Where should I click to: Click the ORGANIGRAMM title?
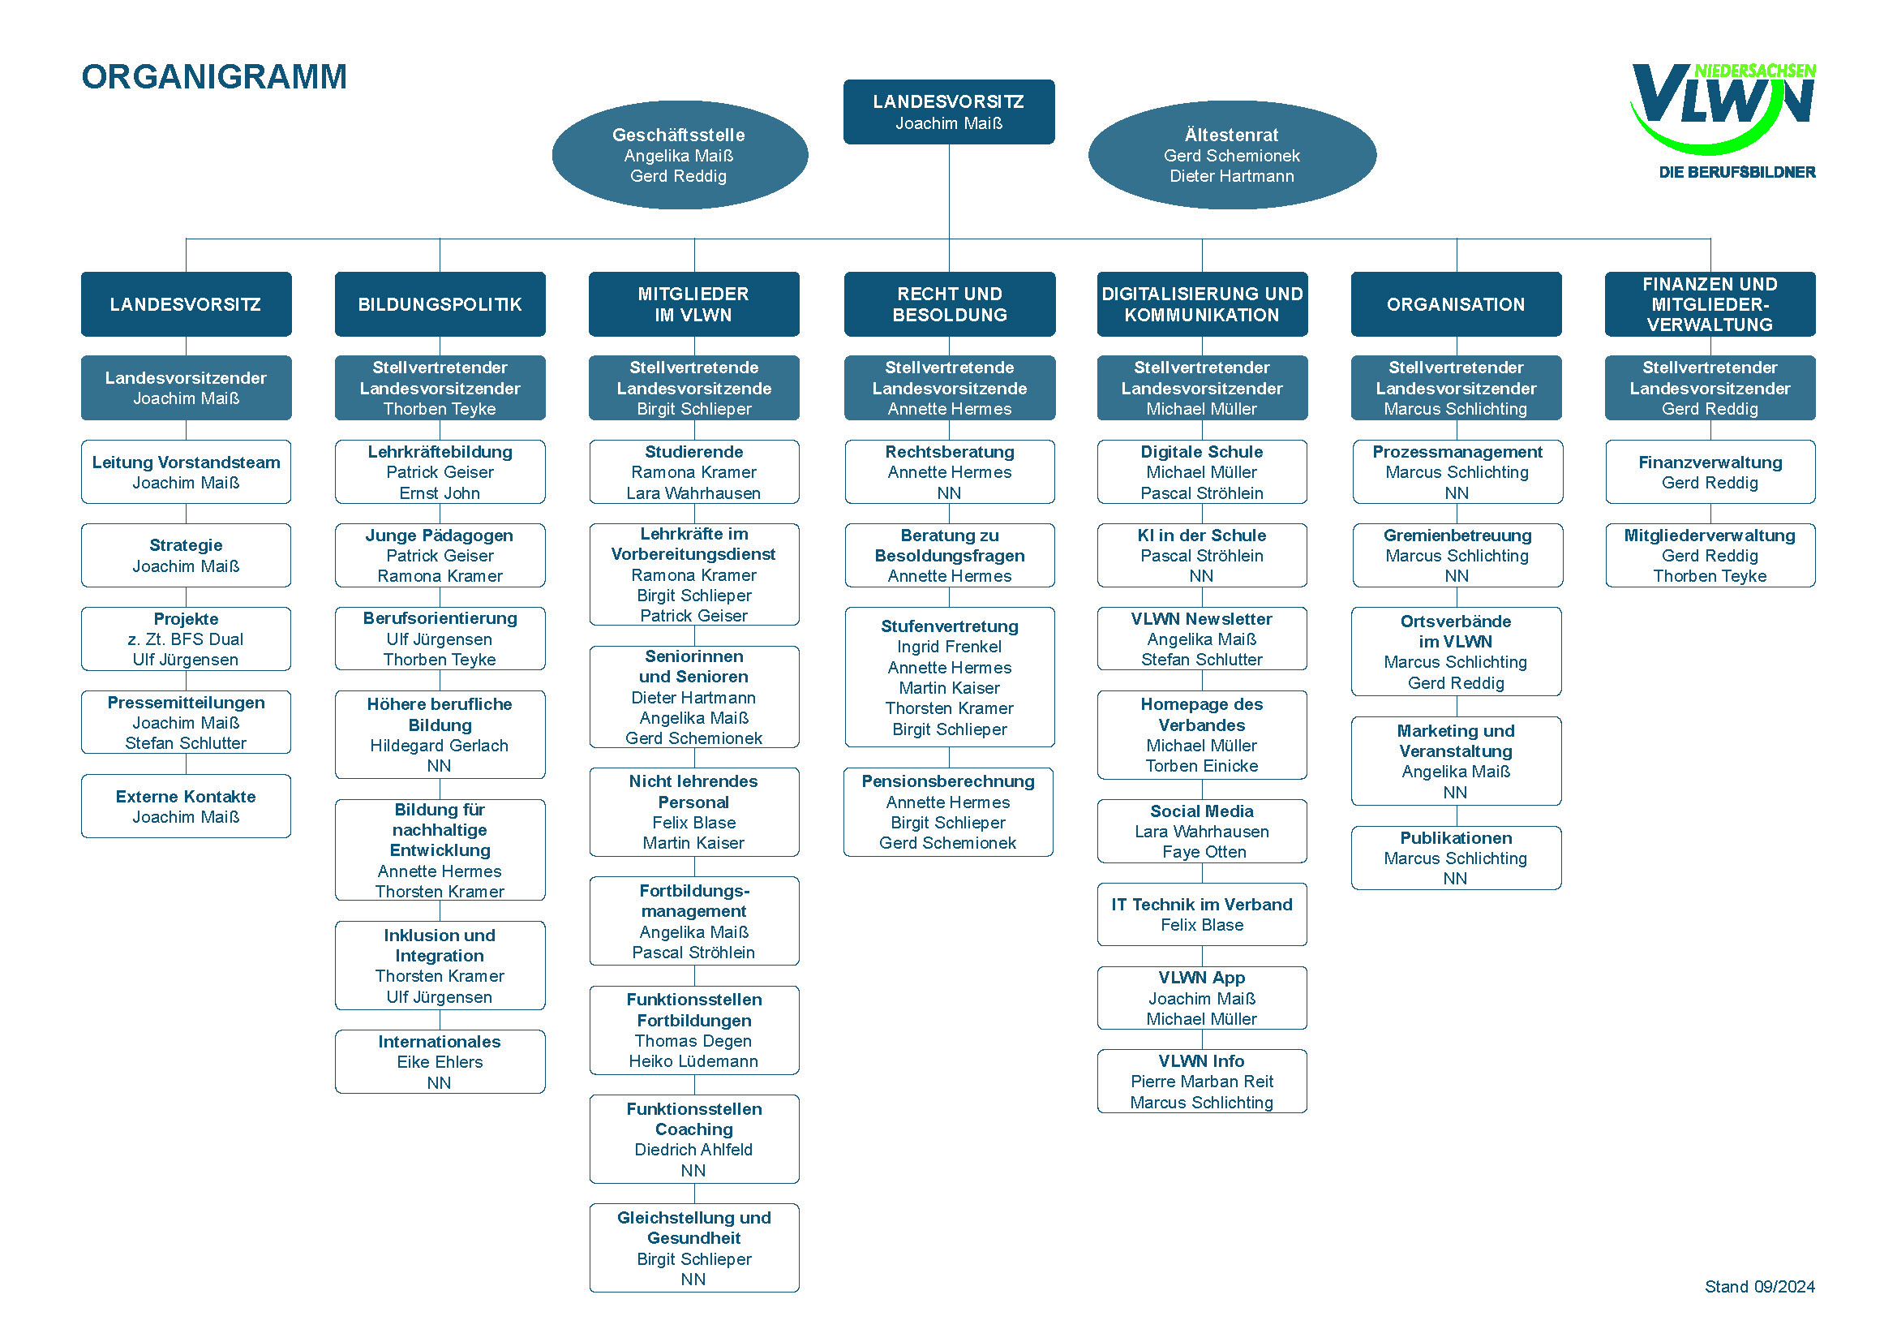[214, 77]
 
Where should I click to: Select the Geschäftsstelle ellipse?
[679, 155]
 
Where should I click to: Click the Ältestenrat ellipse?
[1231, 155]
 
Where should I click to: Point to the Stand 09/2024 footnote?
[1759, 1287]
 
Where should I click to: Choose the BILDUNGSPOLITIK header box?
[440, 304]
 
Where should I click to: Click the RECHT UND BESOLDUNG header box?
[950, 304]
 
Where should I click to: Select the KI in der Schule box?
[1201, 555]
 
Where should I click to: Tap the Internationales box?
[440, 1062]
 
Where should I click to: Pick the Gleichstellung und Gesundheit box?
[694, 1248]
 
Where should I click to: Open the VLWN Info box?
[1201, 1081]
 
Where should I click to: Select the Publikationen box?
[1456, 858]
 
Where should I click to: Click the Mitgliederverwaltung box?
[1710, 555]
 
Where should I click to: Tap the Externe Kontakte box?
[186, 806]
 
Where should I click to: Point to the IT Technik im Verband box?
[1201, 914]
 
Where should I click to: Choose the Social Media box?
[1201, 832]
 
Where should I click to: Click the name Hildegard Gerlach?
[440, 746]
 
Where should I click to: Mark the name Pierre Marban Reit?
[1201, 1082]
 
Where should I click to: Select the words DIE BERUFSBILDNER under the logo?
[1736, 173]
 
